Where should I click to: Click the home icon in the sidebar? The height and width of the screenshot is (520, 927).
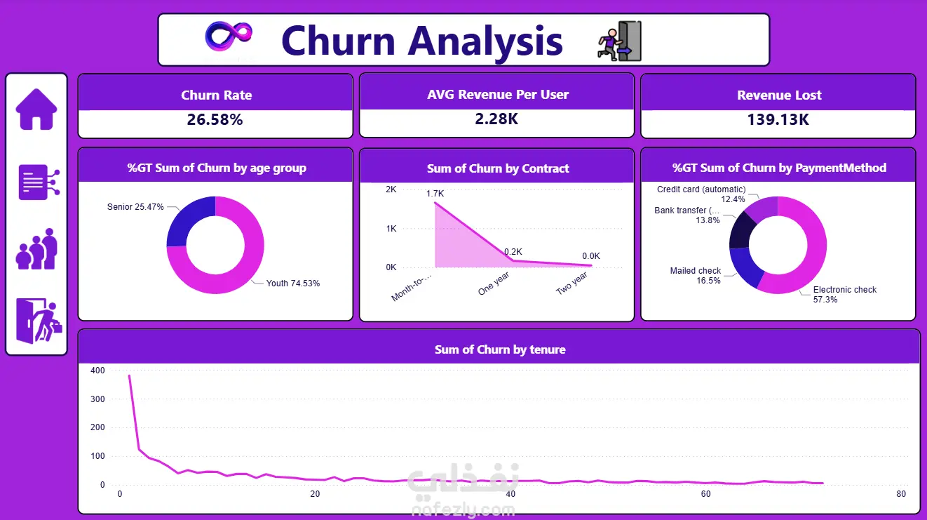point(36,109)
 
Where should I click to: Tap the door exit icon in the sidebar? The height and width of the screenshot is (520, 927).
point(39,321)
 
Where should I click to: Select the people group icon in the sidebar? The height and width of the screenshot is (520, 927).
point(36,249)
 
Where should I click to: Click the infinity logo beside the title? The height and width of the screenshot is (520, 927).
point(229,36)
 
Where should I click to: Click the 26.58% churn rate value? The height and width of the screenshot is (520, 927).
point(215,120)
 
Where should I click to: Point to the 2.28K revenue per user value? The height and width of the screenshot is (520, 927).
point(496,119)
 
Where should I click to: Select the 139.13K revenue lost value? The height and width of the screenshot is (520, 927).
point(778,120)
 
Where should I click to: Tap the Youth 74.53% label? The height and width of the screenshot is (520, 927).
point(293,284)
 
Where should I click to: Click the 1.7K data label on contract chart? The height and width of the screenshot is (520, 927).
point(435,194)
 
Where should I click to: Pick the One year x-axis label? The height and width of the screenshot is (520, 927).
point(493,284)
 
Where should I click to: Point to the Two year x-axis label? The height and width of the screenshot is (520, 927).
point(571,284)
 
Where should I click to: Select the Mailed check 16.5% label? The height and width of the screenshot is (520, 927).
point(696,275)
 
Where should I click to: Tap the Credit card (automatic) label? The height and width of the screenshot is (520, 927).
point(701,189)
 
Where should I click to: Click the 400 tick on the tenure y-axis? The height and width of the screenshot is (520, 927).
point(97,371)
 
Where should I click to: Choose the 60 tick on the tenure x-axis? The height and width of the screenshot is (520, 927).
point(705,493)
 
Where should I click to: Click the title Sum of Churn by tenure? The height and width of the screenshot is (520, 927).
point(500,349)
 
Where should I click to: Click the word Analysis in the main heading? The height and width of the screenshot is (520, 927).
point(485,41)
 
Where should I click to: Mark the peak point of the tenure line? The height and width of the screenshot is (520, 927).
point(130,375)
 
